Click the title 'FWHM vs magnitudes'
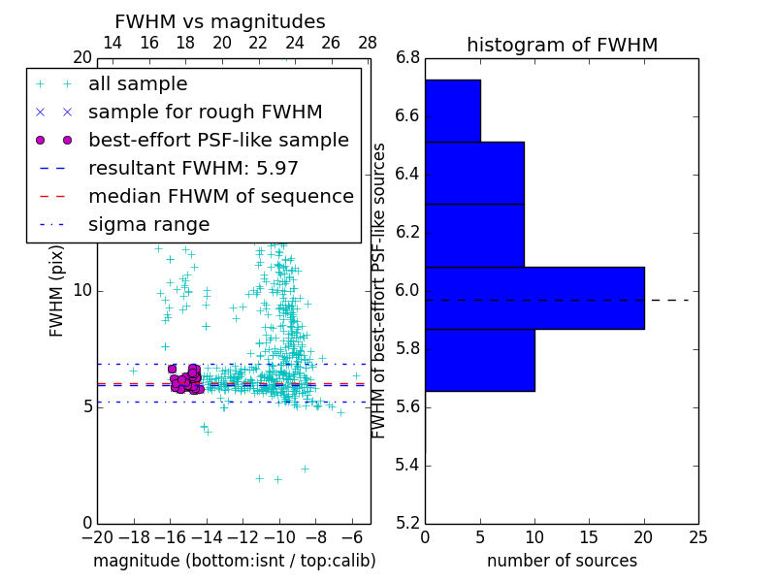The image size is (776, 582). [x=220, y=21]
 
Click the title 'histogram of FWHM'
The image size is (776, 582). [x=562, y=45]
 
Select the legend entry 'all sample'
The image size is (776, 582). [x=138, y=84]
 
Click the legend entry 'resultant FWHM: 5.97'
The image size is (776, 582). [x=193, y=168]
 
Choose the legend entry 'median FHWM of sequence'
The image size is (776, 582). [x=220, y=196]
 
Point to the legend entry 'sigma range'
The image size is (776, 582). [x=148, y=224]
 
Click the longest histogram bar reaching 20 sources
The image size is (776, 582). [x=534, y=298]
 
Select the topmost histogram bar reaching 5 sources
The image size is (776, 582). [x=452, y=111]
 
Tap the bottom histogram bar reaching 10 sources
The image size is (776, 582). [x=479, y=360]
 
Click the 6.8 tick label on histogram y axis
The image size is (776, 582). [x=406, y=58]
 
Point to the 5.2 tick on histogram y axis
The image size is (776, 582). [x=406, y=523]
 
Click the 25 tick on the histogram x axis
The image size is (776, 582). [x=697, y=537]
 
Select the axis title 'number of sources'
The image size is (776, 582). [x=562, y=561]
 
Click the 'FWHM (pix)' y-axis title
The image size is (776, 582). [x=57, y=290]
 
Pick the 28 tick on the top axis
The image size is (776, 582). [x=368, y=43]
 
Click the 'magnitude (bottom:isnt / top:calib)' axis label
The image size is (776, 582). [x=234, y=561]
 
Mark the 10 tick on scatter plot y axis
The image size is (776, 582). [x=82, y=290]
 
